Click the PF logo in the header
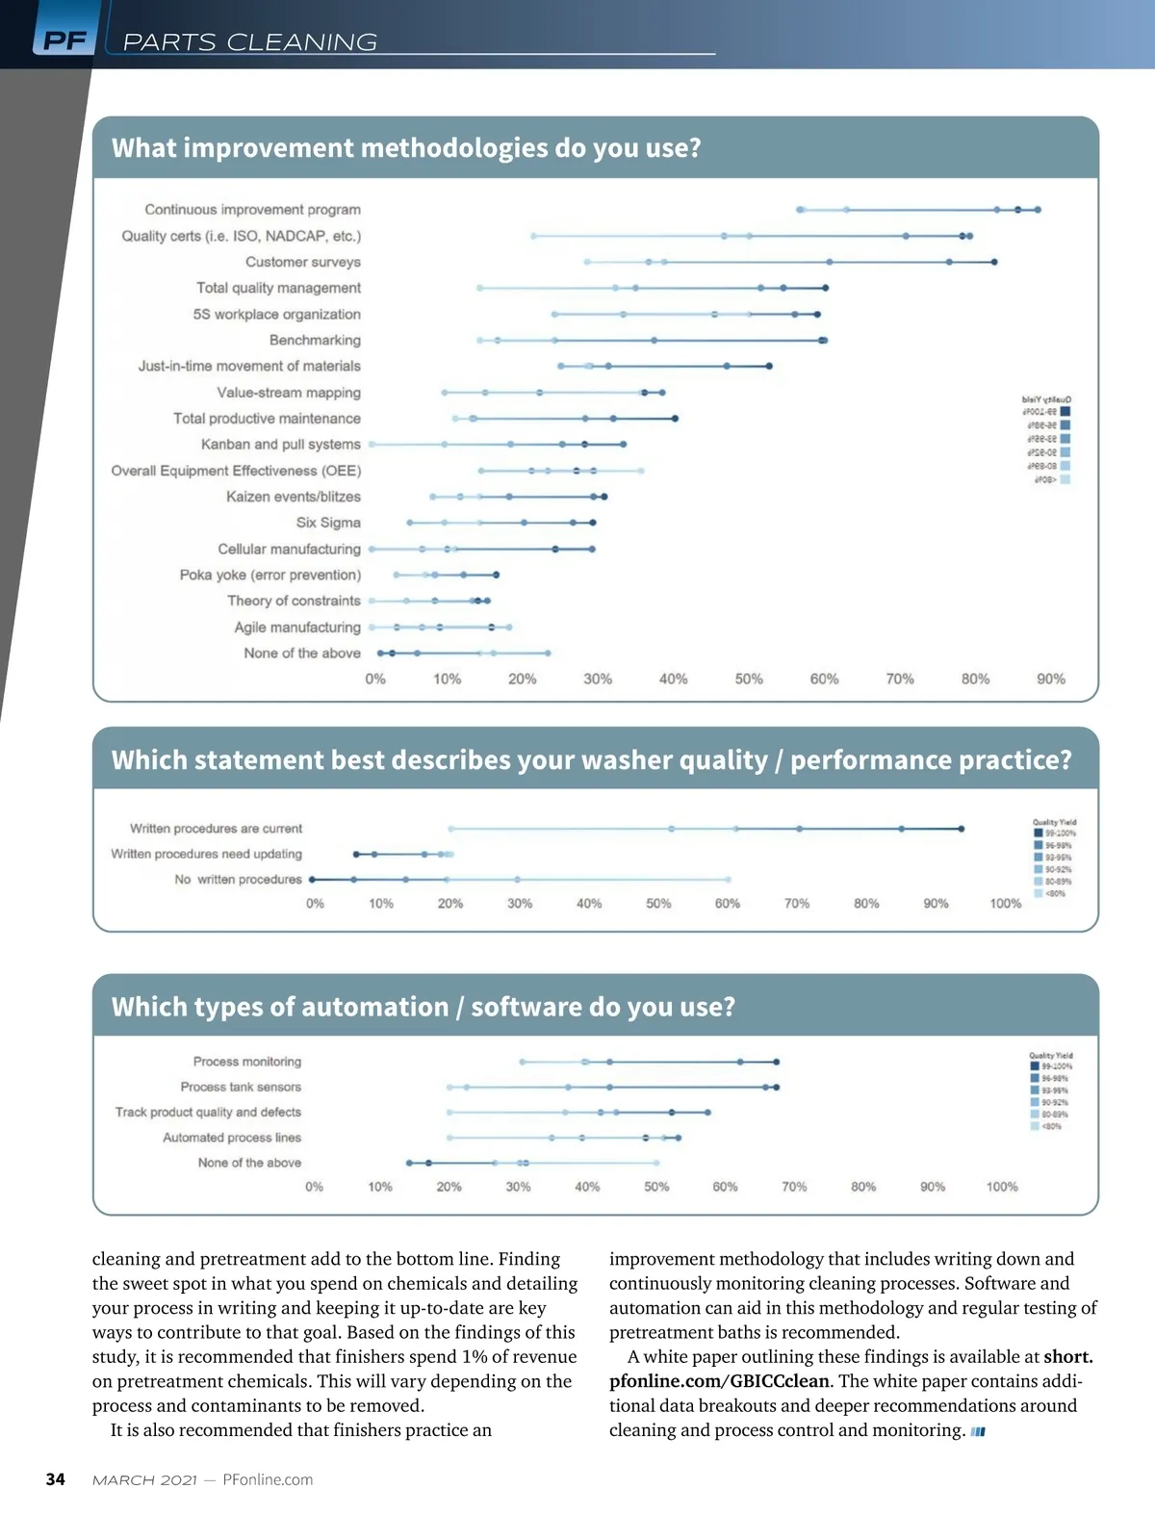64,40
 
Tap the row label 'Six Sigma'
328,523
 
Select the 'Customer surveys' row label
302,262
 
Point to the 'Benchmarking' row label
315,340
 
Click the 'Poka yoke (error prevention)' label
269,575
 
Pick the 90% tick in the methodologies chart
1050,679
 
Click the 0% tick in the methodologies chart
375,679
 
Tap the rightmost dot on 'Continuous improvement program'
1038,209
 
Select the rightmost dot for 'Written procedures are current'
961,829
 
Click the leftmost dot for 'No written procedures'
312,880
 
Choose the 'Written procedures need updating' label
206,854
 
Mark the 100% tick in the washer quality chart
1005,904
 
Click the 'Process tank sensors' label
241,1087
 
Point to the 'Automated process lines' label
231,1138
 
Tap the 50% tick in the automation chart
656,1187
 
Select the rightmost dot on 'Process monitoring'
776,1062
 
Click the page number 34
56,1479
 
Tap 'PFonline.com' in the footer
268,1479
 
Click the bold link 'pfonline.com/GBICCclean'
719,1381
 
